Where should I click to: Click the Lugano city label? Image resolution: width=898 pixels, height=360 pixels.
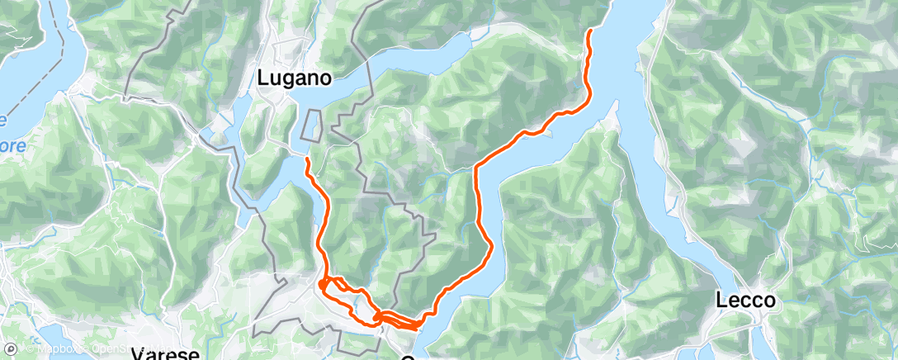tap(295, 78)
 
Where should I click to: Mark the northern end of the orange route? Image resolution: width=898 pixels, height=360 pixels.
tap(590, 31)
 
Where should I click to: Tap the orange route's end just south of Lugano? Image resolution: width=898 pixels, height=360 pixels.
tap(307, 158)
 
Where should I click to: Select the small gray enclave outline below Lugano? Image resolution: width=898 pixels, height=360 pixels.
tap(311, 126)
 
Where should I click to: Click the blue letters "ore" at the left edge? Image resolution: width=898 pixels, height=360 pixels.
tap(14, 145)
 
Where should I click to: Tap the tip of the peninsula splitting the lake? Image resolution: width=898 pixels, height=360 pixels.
tap(615, 116)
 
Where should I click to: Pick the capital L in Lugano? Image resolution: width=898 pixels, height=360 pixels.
tap(263, 78)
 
